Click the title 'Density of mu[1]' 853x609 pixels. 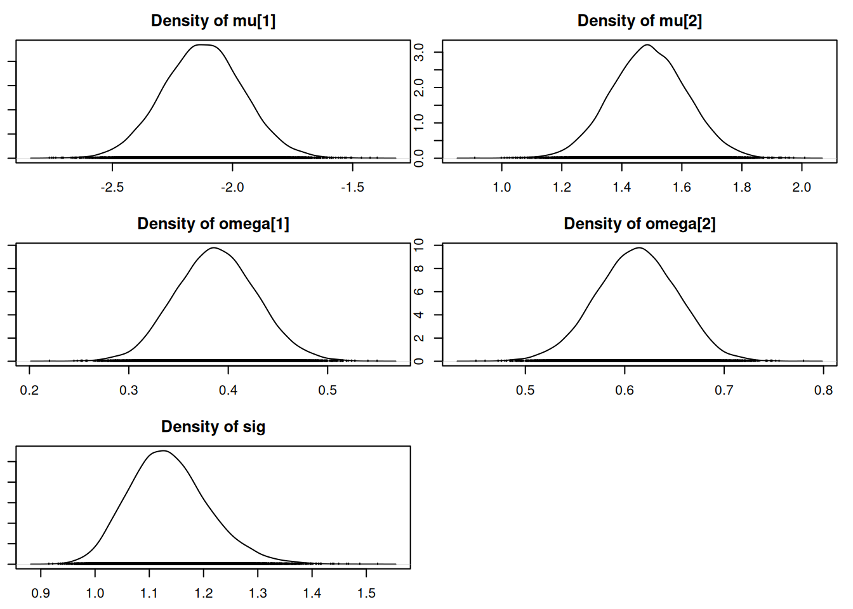point(213,21)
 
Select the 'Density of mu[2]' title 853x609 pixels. point(640,21)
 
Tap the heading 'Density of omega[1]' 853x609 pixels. point(213,224)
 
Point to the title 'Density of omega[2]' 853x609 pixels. point(640,224)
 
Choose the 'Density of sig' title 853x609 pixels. point(213,427)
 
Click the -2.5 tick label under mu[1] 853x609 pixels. point(112,187)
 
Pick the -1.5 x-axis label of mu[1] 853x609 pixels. point(352,187)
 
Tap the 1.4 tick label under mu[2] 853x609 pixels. point(622,187)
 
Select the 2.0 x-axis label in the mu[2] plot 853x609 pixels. point(802,187)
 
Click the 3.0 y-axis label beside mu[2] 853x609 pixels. point(419,52)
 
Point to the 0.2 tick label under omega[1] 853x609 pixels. point(29,390)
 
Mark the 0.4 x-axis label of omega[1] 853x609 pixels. point(228,390)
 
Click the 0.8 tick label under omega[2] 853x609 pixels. point(823,390)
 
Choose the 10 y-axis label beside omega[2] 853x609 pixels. point(419,246)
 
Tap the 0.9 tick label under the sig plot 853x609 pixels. point(41,593)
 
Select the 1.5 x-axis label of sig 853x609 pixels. point(366,593)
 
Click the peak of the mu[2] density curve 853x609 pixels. point(647,45)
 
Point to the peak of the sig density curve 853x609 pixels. point(163,451)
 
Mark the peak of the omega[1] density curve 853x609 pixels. point(214,247)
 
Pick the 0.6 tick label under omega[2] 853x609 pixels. point(625,390)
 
